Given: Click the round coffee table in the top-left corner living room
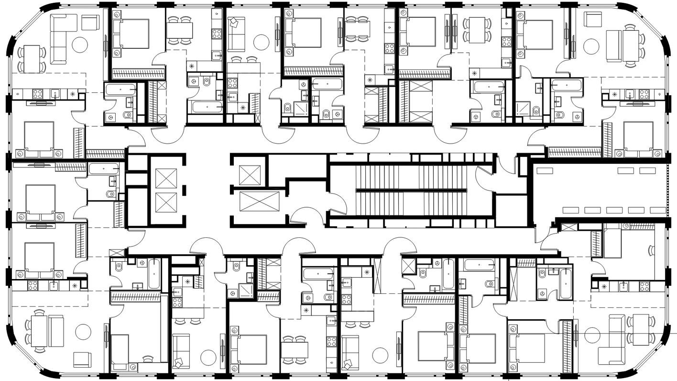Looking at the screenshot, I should (80, 45).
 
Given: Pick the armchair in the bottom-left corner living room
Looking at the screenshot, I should (82, 359).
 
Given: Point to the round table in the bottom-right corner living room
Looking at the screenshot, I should (592, 335).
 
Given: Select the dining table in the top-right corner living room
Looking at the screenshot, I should (630, 45).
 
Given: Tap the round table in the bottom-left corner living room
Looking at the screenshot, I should (83, 332).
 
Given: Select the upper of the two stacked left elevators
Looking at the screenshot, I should (166, 178).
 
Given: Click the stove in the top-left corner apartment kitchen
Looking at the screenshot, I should (37, 94).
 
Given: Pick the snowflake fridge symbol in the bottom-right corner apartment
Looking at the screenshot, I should (604, 287).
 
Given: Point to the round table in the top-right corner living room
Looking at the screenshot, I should (591, 46).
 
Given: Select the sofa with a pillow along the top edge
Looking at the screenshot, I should (237, 34).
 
